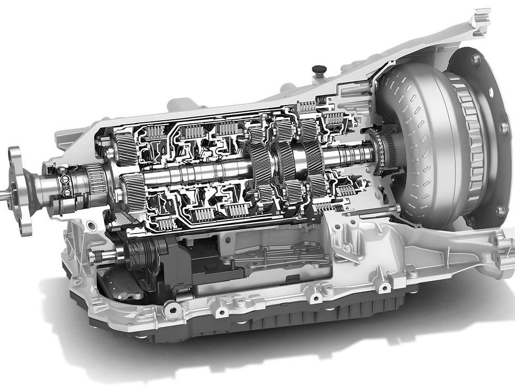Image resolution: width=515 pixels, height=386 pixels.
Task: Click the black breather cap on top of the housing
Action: [x=319, y=69]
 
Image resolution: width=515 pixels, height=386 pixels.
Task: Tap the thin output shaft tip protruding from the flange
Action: [x=4, y=195]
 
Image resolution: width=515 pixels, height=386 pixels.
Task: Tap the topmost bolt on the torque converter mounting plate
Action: [x=476, y=59]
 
